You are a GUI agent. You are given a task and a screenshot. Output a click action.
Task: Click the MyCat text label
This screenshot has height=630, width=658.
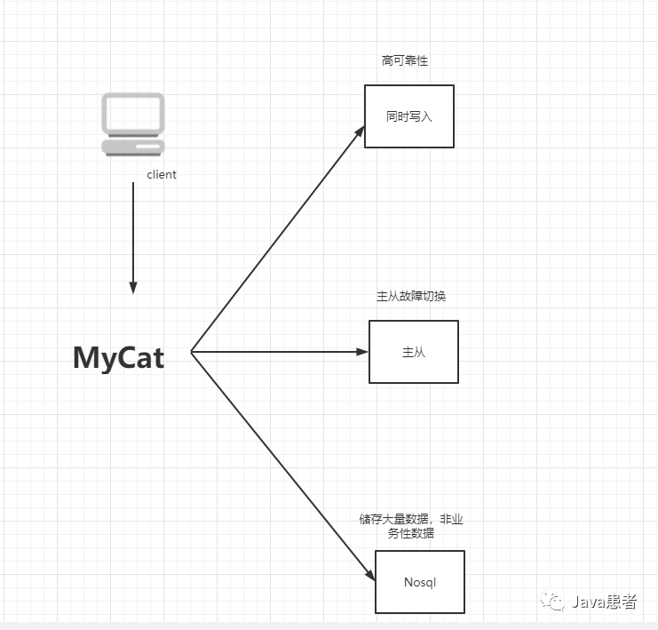point(118,357)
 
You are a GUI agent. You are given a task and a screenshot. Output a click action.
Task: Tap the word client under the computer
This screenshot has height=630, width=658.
point(162,175)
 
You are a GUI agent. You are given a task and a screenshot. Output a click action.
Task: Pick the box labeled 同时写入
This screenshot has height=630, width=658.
point(409,116)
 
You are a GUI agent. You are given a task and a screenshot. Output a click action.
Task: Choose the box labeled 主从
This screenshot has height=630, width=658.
point(414,352)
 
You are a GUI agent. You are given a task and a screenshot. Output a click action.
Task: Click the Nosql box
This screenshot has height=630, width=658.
point(419,582)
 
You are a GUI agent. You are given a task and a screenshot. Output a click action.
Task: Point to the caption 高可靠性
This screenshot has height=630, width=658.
point(406,61)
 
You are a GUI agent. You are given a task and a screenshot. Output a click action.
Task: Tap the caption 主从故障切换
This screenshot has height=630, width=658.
point(411,296)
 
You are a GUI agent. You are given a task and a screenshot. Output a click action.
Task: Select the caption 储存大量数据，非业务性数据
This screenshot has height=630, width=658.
point(411,526)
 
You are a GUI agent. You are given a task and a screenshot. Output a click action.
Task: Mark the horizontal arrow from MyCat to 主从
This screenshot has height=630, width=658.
point(280,352)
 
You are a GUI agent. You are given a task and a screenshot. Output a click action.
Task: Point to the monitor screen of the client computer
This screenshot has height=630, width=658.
point(133,114)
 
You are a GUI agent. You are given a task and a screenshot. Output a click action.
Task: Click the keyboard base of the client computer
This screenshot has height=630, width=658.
point(133,148)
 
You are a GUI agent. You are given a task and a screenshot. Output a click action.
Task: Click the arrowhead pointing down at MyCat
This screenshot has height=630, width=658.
point(133,288)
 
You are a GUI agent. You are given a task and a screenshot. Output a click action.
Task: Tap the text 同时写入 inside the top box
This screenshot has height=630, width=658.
point(409,116)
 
